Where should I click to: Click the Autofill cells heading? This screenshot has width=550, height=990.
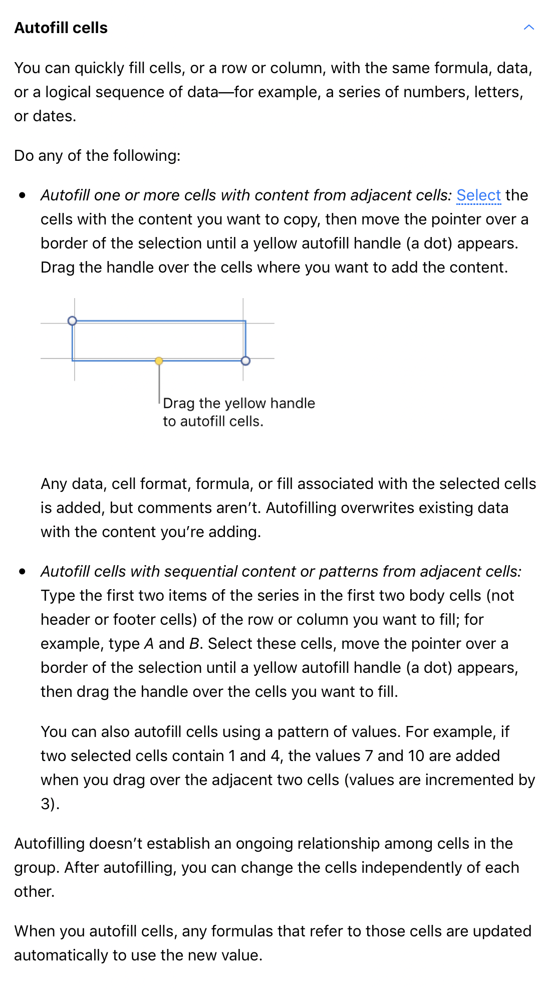[61, 28]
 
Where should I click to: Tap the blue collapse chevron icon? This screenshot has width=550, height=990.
[528, 28]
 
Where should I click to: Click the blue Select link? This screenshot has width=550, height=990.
[478, 195]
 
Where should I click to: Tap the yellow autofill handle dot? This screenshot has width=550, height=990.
[159, 361]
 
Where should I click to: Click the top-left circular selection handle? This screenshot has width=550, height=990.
[72, 321]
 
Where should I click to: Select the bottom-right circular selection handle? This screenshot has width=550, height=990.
[245, 361]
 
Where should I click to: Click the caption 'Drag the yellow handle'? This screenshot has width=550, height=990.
[239, 403]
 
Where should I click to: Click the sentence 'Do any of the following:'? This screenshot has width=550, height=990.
[97, 156]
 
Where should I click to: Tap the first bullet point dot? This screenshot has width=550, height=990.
[22, 195]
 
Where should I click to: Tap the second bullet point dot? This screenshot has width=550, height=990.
[22, 572]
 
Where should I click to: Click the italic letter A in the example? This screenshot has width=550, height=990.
[149, 644]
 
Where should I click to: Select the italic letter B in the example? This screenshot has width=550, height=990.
[194, 644]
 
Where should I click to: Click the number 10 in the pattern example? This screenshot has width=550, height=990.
[416, 756]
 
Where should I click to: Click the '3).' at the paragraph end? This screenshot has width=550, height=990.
[50, 804]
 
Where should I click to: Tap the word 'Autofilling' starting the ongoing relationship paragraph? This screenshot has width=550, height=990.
[49, 844]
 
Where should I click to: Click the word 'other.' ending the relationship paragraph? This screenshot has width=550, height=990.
[34, 892]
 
